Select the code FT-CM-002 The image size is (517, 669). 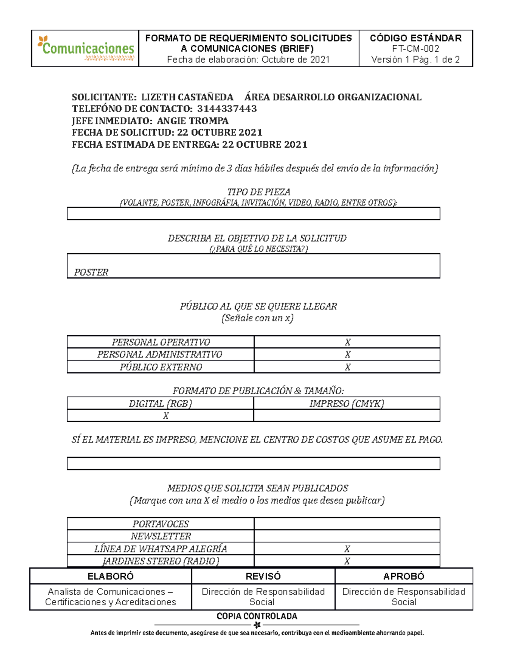[x=415, y=49]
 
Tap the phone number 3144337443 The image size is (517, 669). [x=227, y=109]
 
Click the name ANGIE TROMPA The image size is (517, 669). [x=193, y=121]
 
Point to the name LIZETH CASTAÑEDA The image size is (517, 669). [x=187, y=97]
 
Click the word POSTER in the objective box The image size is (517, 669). [x=91, y=272]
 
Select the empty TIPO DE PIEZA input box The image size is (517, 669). [x=253, y=214]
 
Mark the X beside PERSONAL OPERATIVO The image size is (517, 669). [x=347, y=342]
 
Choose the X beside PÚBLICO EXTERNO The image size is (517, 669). [x=347, y=367]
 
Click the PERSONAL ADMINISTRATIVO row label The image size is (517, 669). [x=160, y=355]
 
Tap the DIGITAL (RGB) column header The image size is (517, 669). [x=160, y=404]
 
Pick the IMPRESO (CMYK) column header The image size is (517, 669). [x=346, y=404]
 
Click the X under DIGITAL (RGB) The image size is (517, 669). [x=165, y=416]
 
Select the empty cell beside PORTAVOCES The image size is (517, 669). [x=347, y=524]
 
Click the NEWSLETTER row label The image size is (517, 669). [x=161, y=536]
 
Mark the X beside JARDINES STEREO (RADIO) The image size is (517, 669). [x=347, y=561]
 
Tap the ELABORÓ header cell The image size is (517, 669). [x=110, y=576]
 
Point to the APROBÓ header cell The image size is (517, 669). [x=404, y=576]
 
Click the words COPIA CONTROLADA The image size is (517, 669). [x=257, y=616]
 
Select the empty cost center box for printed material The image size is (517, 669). [x=253, y=464]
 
